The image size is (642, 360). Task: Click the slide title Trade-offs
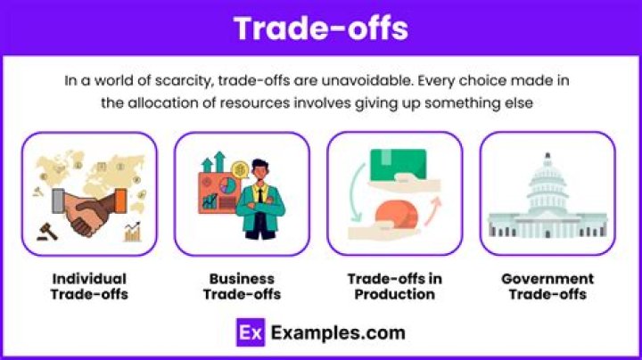(x=321, y=29)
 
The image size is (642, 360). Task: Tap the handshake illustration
(x=89, y=210)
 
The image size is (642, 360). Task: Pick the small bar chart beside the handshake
(x=134, y=233)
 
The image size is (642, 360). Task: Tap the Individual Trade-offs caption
(x=89, y=287)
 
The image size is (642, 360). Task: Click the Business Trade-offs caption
(x=242, y=287)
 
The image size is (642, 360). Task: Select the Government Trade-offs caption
(x=547, y=287)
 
